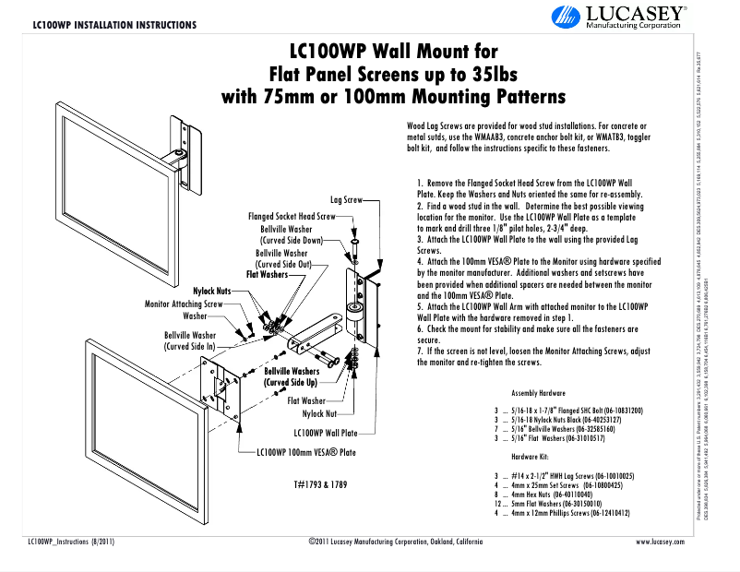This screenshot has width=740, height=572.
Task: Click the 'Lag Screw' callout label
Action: coord(346,199)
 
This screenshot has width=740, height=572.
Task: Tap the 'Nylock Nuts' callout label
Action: coord(212,292)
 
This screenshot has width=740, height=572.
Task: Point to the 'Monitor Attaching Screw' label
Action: coord(184,304)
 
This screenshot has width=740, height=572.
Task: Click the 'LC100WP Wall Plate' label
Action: coord(325,432)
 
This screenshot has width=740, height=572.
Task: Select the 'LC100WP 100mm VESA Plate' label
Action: coord(305,453)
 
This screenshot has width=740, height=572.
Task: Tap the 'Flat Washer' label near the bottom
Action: coord(306,401)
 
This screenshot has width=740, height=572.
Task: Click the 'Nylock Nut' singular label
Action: coord(319,415)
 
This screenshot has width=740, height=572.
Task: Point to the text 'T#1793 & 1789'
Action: coord(320,484)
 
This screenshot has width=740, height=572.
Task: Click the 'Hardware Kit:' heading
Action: coord(529,456)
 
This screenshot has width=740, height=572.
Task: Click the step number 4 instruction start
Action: coord(420,262)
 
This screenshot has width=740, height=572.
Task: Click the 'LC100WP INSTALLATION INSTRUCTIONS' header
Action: coord(113,25)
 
